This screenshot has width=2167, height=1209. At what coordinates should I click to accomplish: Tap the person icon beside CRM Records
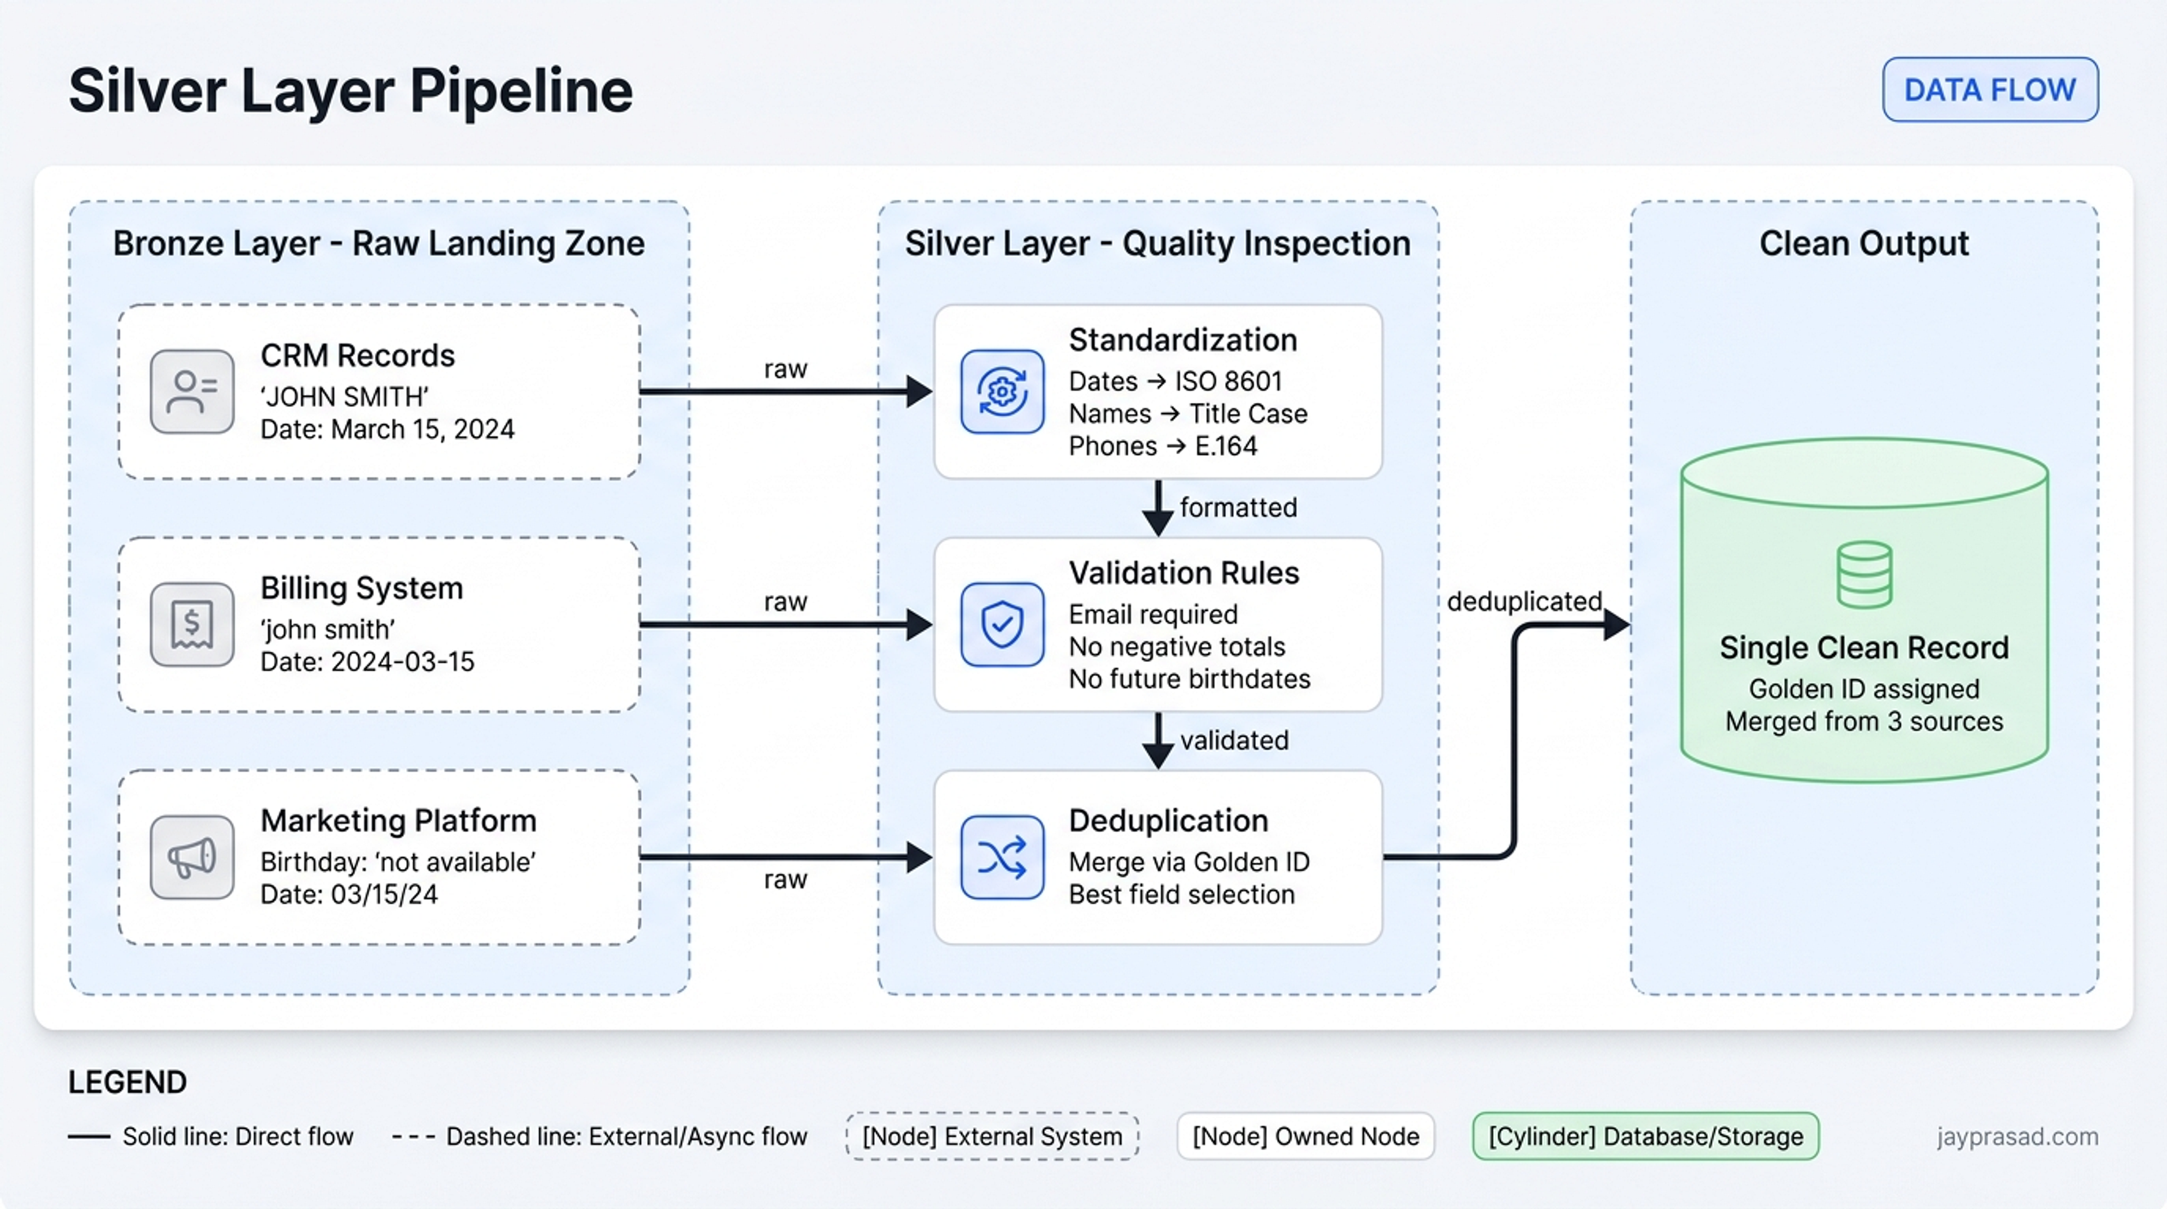pyautogui.click(x=192, y=392)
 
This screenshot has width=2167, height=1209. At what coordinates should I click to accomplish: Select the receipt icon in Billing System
pyautogui.click(x=192, y=625)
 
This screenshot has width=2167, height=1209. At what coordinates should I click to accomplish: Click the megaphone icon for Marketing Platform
pyautogui.click(x=192, y=858)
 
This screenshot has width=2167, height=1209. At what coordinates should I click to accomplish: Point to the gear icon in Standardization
pyautogui.click(x=1002, y=392)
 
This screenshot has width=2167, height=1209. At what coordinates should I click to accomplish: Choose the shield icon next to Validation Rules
pyautogui.click(x=1002, y=625)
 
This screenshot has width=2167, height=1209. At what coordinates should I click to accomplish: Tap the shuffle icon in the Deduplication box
pyautogui.click(x=1002, y=858)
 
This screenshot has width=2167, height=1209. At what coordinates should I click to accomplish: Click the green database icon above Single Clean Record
pyautogui.click(x=1864, y=575)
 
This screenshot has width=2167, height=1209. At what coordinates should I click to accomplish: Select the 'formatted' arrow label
pyautogui.click(x=1238, y=508)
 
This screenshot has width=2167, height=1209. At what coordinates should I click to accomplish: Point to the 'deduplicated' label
pyautogui.click(x=1524, y=601)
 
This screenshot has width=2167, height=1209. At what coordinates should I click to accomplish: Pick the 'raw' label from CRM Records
pyautogui.click(x=786, y=369)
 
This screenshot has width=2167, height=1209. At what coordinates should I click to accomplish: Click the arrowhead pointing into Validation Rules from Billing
pyautogui.click(x=919, y=625)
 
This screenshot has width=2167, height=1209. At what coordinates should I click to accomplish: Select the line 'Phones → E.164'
pyautogui.click(x=1163, y=446)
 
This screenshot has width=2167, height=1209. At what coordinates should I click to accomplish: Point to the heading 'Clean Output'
pyautogui.click(x=1864, y=244)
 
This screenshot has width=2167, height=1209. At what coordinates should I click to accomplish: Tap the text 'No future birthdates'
pyautogui.click(x=1190, y=679)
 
